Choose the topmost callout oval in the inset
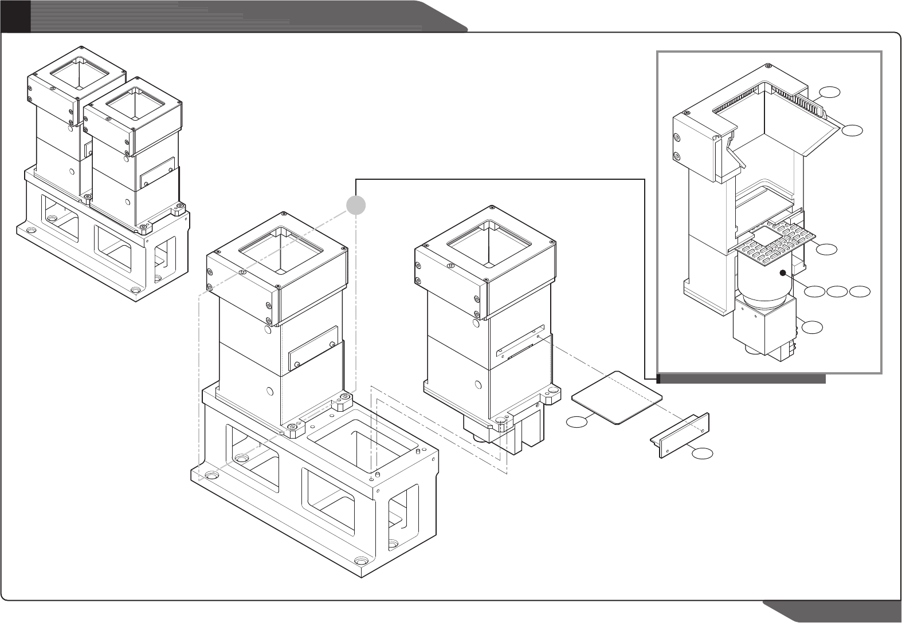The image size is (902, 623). point(829,91)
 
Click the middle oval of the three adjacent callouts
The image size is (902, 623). point(837,292)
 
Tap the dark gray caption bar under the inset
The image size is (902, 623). point(742,378)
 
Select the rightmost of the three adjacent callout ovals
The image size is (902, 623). point(860,292)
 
